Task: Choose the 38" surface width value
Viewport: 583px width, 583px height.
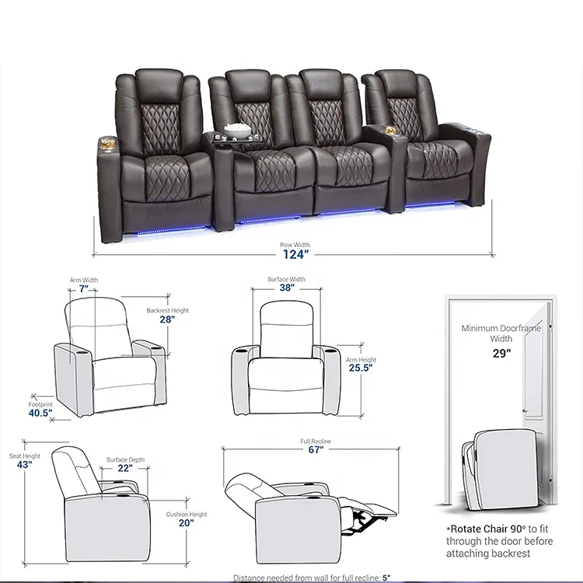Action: click(287, 288)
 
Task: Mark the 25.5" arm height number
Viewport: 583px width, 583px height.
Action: click(360, 368)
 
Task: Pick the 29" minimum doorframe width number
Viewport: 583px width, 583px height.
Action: click(501, 354)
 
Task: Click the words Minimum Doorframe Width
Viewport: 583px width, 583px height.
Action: click(501, 333)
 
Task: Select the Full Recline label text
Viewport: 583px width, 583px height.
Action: click(316, 441)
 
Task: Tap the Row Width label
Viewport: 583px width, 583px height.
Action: click(295, 245)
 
